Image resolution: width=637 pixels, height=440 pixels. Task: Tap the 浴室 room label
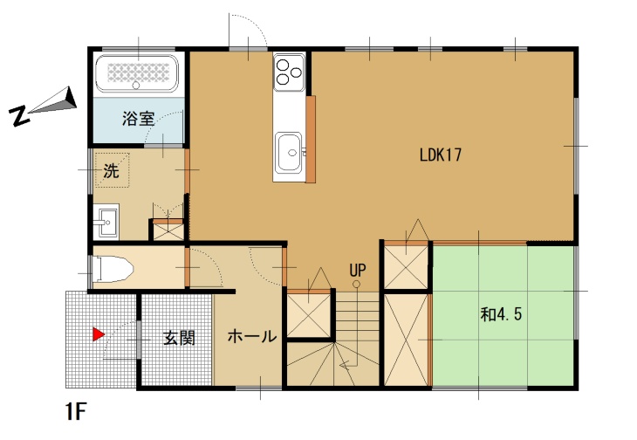coord(139,119)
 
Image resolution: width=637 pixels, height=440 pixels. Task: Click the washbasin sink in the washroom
coord(106,222)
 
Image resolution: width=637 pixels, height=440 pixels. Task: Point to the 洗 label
coord(111,170)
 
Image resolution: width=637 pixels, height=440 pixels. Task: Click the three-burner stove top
coord(289,72)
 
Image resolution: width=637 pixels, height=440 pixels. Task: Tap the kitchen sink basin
coord(290,152)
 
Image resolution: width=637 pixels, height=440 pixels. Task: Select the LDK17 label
coord(441,155)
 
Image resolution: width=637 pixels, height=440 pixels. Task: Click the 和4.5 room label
coord(501,314)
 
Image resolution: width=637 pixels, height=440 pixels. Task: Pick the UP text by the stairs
coord(358,270)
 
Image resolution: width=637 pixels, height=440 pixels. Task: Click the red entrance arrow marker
coord(99,334)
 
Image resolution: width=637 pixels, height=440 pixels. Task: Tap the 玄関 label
coord(179,338)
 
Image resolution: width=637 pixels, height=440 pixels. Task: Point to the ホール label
coord(252,336)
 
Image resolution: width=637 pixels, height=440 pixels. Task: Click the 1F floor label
coord(76,412)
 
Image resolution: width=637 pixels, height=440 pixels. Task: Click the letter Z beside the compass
coord(19,116)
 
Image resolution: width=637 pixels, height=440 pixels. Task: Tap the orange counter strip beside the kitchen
coord(311,139)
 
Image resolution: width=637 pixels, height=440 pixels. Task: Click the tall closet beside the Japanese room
coord(407,340)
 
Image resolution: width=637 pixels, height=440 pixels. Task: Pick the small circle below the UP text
coord(356,284)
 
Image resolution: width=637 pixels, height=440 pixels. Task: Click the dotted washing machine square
coord(112,170)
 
